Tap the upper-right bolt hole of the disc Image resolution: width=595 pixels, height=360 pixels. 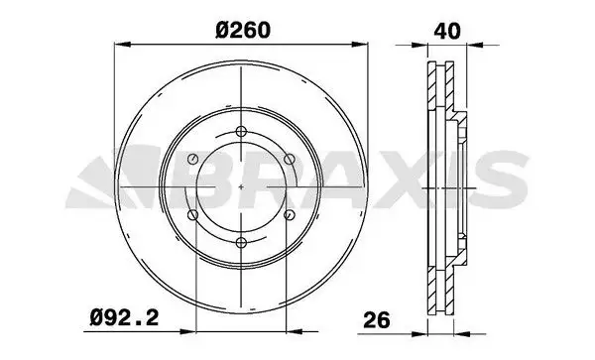coord(290,160)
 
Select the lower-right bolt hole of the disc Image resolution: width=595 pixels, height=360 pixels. coord(290,215)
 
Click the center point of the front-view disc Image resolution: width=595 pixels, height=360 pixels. coord(242,187)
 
